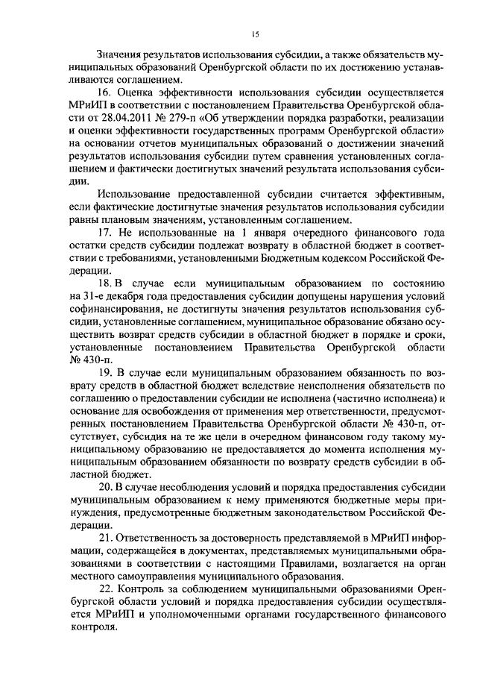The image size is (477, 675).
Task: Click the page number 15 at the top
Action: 255,34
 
